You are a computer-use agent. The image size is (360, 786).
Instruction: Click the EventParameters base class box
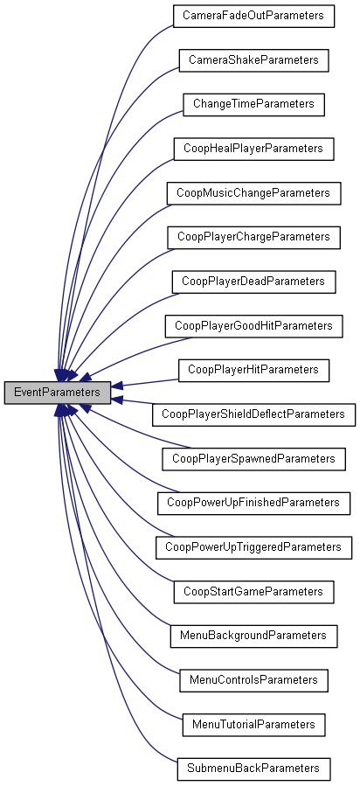58,393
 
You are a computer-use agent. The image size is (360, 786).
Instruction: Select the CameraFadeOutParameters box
253,16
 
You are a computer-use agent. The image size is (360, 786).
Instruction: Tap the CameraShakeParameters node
253,60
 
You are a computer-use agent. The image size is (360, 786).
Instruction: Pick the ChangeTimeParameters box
253,104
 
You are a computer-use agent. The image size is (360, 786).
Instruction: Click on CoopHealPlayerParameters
253,149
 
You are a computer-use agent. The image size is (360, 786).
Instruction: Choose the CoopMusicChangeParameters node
253,192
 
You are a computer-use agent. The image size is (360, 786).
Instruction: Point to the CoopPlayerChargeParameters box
253,237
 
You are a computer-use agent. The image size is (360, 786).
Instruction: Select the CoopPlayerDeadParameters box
253,282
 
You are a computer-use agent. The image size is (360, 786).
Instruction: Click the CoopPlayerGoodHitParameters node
253,325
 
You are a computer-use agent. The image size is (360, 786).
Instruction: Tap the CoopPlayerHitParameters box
253,370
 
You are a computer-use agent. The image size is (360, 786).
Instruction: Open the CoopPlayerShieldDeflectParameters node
253,414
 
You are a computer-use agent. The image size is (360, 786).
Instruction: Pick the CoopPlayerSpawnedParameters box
253,458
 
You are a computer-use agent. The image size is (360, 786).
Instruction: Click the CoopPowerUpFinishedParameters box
253,503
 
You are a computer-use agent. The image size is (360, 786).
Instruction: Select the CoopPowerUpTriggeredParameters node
253,547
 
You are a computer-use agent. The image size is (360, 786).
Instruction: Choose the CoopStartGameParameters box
253,592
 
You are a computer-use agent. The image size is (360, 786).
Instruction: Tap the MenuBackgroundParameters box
253,636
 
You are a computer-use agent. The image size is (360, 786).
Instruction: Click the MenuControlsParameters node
253,679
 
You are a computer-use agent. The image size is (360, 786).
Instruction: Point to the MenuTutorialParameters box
253,724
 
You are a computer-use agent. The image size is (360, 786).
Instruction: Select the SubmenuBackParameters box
253,769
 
